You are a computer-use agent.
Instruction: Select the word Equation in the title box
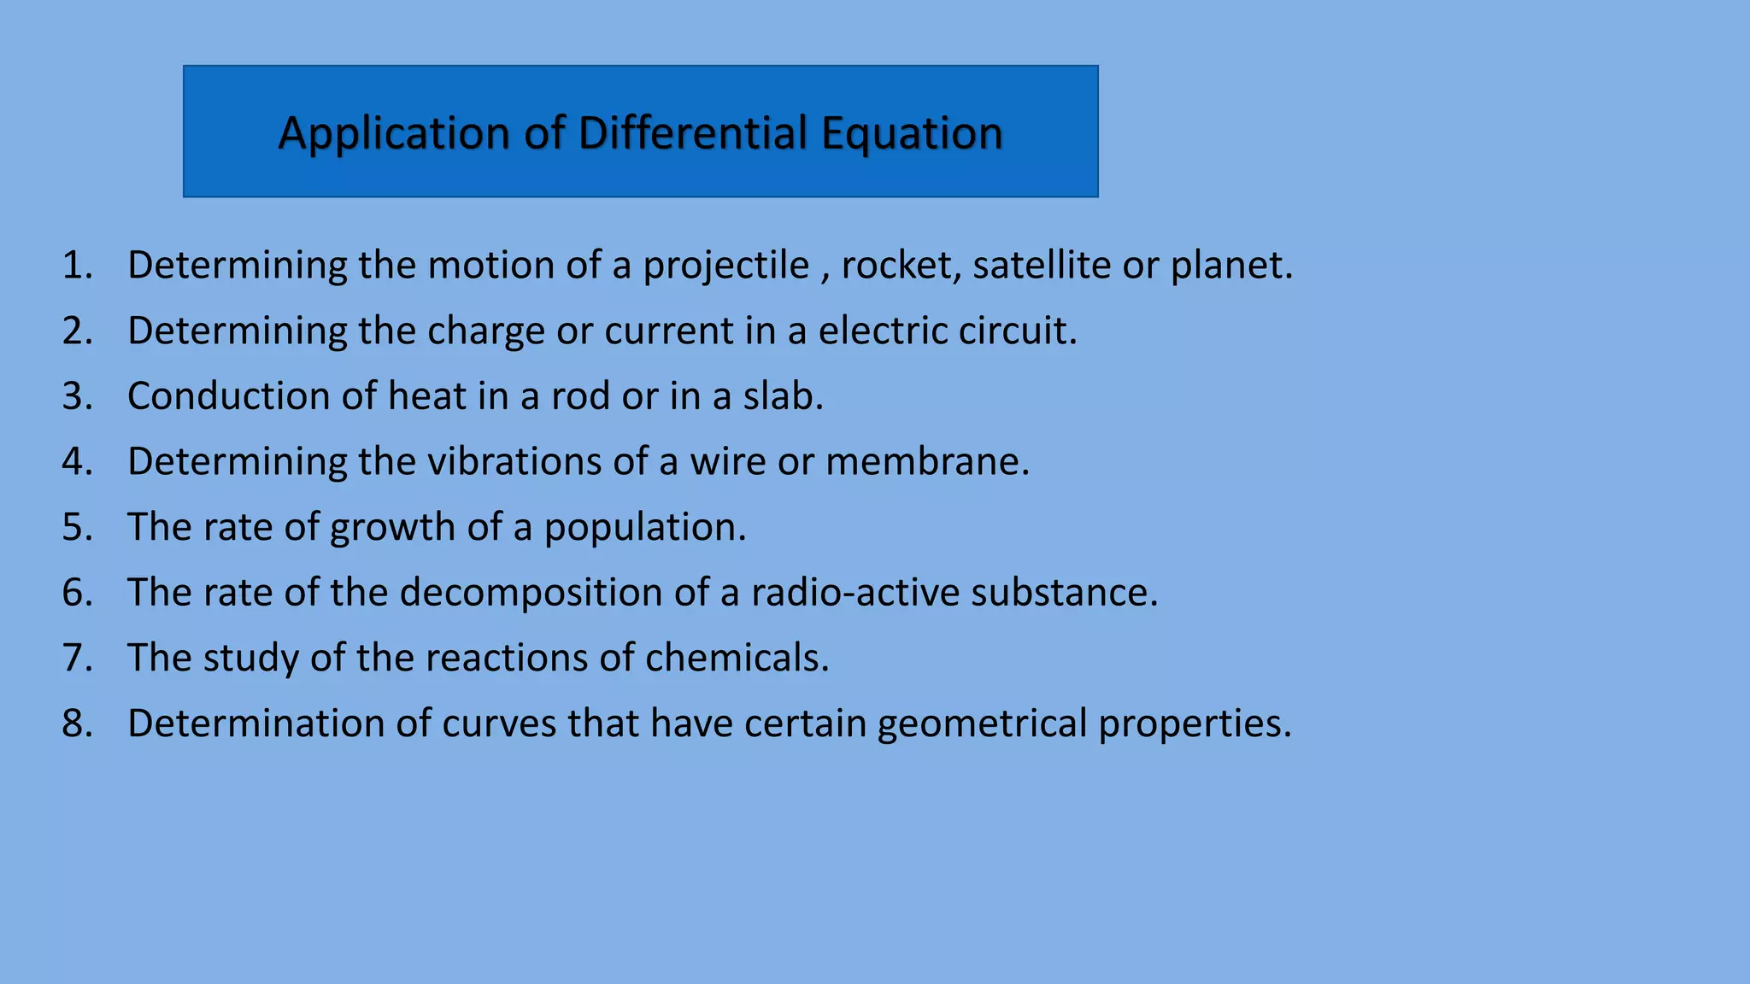coord(912,134)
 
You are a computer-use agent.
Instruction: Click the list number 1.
coord(77,266)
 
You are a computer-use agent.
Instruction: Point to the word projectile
coord(725,266)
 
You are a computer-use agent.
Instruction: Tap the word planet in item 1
coord(1230,266)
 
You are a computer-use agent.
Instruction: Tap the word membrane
coord(927,461)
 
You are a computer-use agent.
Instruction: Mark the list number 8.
coord(77,723)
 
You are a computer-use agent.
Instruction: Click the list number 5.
coord(77,527)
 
